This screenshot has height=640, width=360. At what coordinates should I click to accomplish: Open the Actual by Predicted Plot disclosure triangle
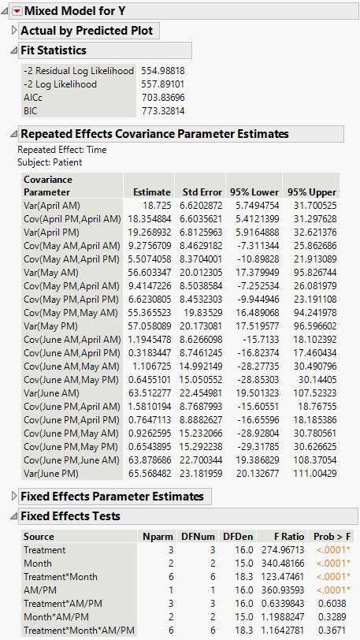(14, 31)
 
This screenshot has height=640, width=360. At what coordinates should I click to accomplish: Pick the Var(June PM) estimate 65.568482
(147, 473)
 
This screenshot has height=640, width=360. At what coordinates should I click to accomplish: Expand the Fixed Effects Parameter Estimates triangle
(14, 496)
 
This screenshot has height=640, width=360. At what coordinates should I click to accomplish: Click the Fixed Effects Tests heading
(70, 516)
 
